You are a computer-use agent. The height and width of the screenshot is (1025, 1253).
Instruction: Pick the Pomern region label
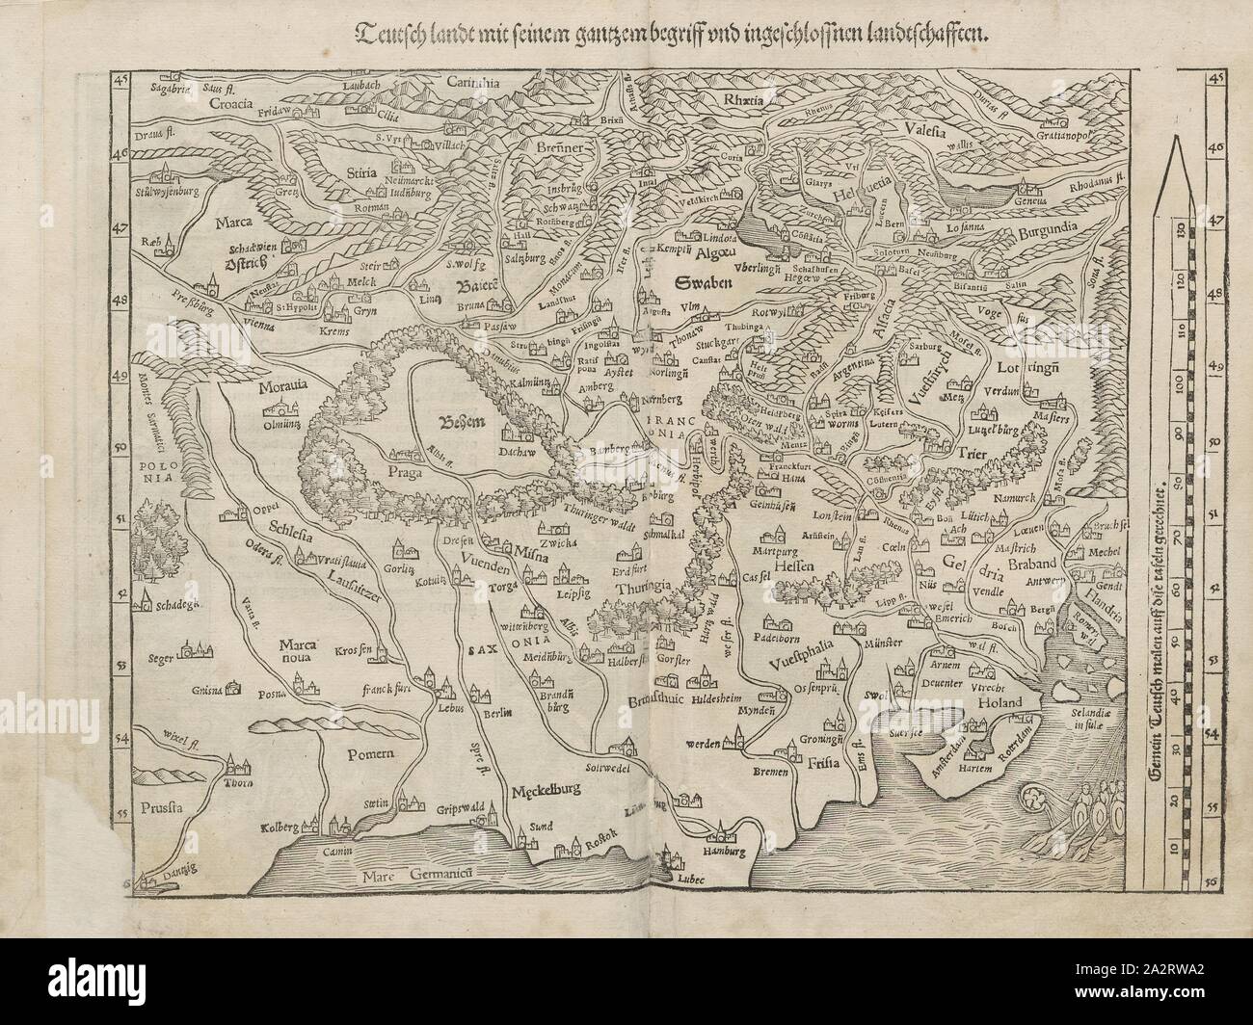click(x=358, y=756)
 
